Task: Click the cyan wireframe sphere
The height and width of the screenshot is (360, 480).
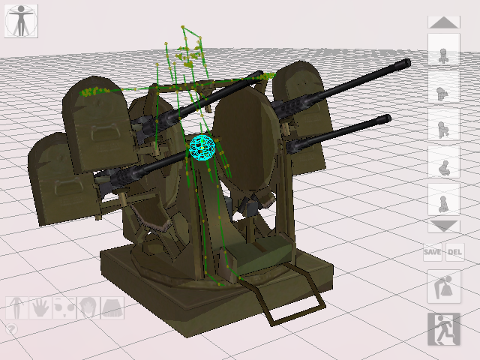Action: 202,148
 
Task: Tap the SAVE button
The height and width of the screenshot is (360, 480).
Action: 433,252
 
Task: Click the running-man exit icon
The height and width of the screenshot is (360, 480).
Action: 444,329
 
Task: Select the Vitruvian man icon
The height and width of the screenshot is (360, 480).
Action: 21,21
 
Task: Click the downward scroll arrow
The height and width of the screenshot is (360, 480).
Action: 444,226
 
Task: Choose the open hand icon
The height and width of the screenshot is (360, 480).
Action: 40,308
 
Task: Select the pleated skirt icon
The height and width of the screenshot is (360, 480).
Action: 112,308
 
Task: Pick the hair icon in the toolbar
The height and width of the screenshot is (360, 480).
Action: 88,308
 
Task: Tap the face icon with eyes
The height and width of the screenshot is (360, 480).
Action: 64,308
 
